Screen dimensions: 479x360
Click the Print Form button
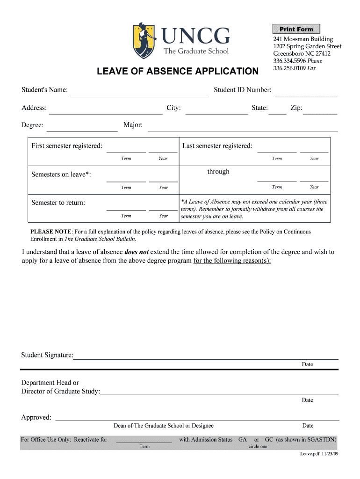click(296, 29)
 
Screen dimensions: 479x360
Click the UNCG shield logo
click(144, 41)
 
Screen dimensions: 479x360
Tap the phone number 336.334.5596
click(290, 61)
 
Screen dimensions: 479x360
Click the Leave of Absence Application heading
click(177, 72)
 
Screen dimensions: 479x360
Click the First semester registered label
click(67, 146)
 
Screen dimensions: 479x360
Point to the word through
click(218, 172)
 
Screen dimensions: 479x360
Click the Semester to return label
click(58, 203)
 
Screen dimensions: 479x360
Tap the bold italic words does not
click(137, 252)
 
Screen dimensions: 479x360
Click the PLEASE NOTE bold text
click(51, 232)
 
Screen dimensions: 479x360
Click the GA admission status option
click(243, 440)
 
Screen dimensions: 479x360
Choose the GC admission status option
click(269, 440)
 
